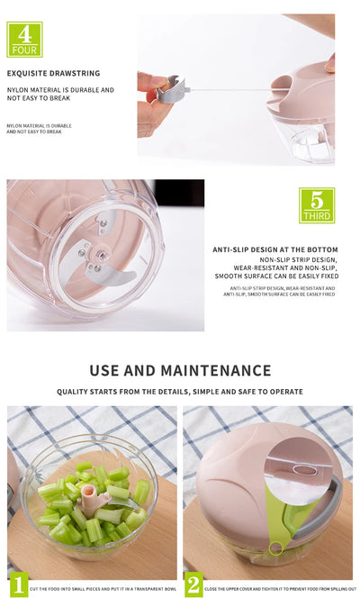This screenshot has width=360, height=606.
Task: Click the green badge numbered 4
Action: coord(24,39)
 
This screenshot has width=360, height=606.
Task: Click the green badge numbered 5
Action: coord(316,205)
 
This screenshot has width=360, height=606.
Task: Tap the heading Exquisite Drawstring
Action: coord(53,73)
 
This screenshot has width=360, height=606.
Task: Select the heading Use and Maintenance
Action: coord(180,370)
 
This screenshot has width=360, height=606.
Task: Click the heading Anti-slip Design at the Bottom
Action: coord(275,249)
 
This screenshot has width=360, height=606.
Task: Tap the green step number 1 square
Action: coord(18,584)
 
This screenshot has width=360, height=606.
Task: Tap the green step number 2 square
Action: coord(193,584)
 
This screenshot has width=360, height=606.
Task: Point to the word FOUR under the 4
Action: coord(24,50)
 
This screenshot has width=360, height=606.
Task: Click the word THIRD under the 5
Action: coord(316,216)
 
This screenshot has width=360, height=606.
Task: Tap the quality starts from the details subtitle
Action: coord(180,392)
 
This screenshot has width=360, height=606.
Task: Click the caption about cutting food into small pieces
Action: coord(103,589)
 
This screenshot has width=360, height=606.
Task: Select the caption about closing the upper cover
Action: coord(280,589)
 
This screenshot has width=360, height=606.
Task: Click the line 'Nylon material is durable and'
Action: coord(60,90)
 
